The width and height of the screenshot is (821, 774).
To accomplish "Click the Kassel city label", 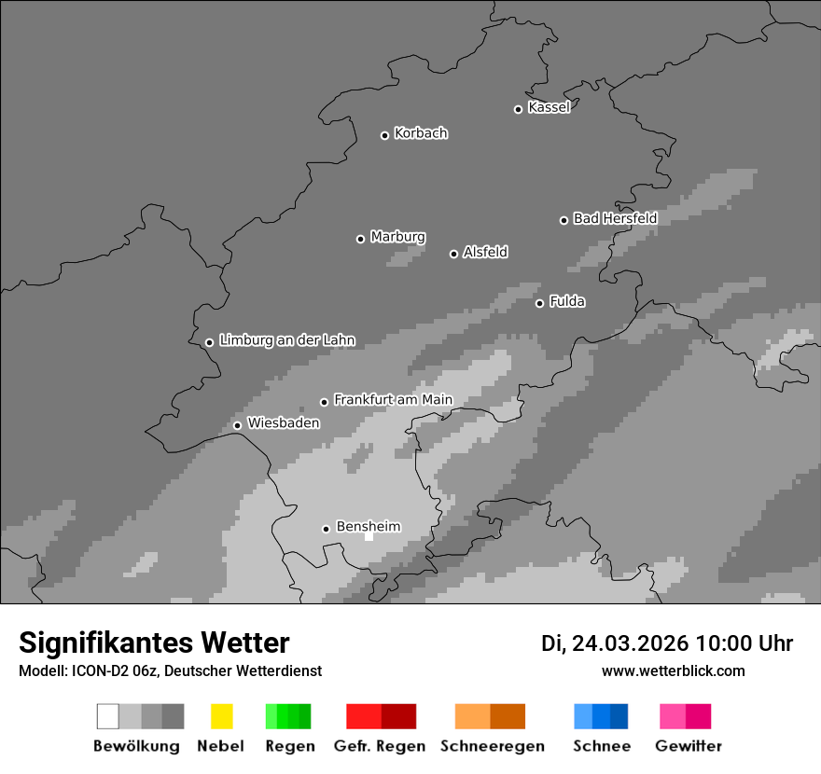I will click(x=549, y=107).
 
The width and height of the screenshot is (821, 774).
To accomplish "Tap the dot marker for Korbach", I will click(x=384, y=135).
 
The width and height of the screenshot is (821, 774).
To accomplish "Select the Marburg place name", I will click(x=397, y=237).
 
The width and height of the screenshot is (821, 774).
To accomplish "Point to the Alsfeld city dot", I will click(x=453, y=254).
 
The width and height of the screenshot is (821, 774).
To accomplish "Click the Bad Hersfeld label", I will click(x=615, y=218).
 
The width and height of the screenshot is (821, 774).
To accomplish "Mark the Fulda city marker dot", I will click(x=539, y=303).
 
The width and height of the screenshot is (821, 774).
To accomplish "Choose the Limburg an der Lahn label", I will click(x=287, y=340).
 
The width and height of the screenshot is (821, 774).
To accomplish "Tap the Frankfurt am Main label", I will click(x=393, y=400).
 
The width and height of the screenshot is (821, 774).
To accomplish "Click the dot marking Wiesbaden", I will click(x=237, y=425).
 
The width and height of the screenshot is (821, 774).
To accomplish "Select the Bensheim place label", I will click(x=368, y=527).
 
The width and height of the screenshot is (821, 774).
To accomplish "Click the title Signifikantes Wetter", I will click(x=154, y=643).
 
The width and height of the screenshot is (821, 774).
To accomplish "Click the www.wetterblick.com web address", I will click(x=673, y=670).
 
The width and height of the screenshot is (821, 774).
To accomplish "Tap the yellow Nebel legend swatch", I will click(x=221, y=716).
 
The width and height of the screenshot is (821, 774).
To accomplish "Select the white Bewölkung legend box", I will click(x=108, y=716).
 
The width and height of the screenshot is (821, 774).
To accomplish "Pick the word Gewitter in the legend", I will click(x=688, y=746).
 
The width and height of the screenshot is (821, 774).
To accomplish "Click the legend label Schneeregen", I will click(x=491, y=746).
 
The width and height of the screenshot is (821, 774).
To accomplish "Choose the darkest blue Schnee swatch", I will click(x=619, y=716).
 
